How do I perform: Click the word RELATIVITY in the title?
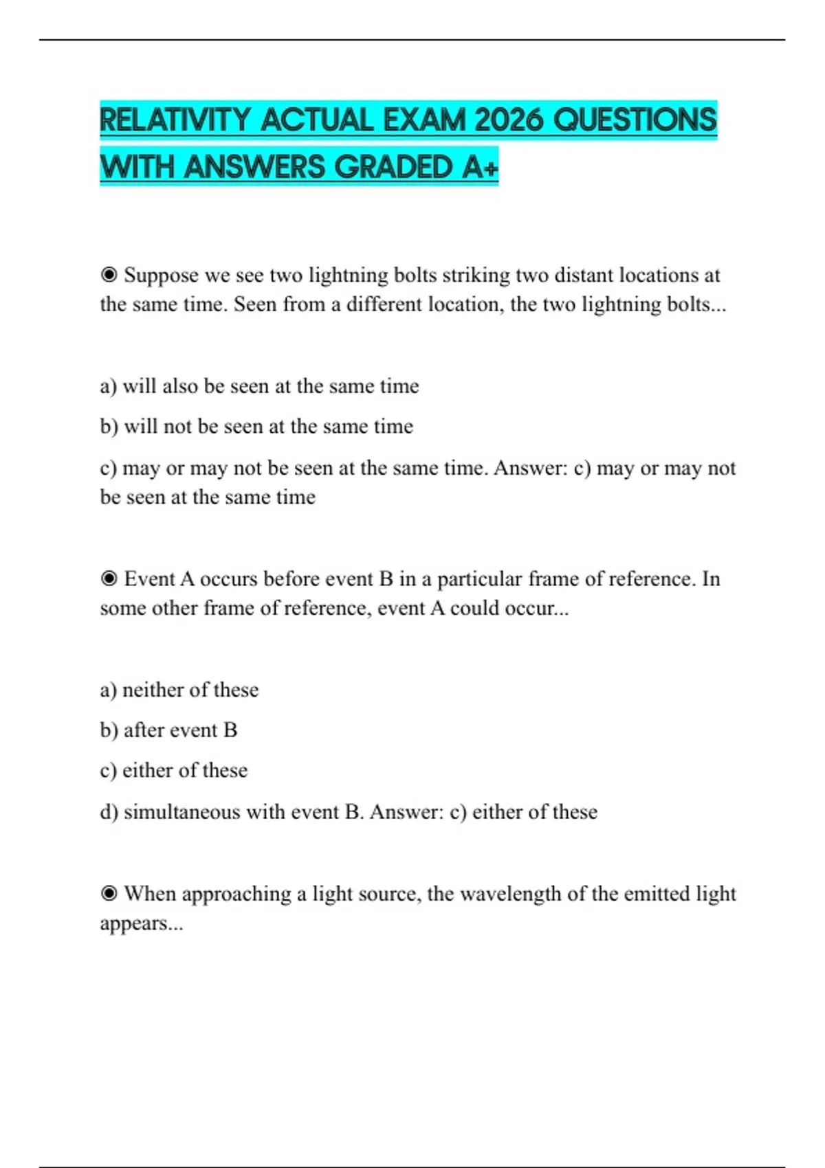(174, 120)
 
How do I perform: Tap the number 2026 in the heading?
(509, 120)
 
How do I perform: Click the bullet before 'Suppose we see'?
(109, 276)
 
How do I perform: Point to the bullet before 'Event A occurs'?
(109, 579)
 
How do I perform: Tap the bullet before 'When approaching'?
(109, 894)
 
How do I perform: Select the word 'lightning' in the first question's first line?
(348, 276)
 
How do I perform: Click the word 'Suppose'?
(161, 276)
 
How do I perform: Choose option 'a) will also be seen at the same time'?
(259, 386)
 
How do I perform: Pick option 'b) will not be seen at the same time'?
(256, 427)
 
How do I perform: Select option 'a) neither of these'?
(179, 690)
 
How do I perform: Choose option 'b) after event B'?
(168, 730)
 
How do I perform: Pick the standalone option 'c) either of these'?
(174, 771)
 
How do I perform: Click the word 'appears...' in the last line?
(142, 923)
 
